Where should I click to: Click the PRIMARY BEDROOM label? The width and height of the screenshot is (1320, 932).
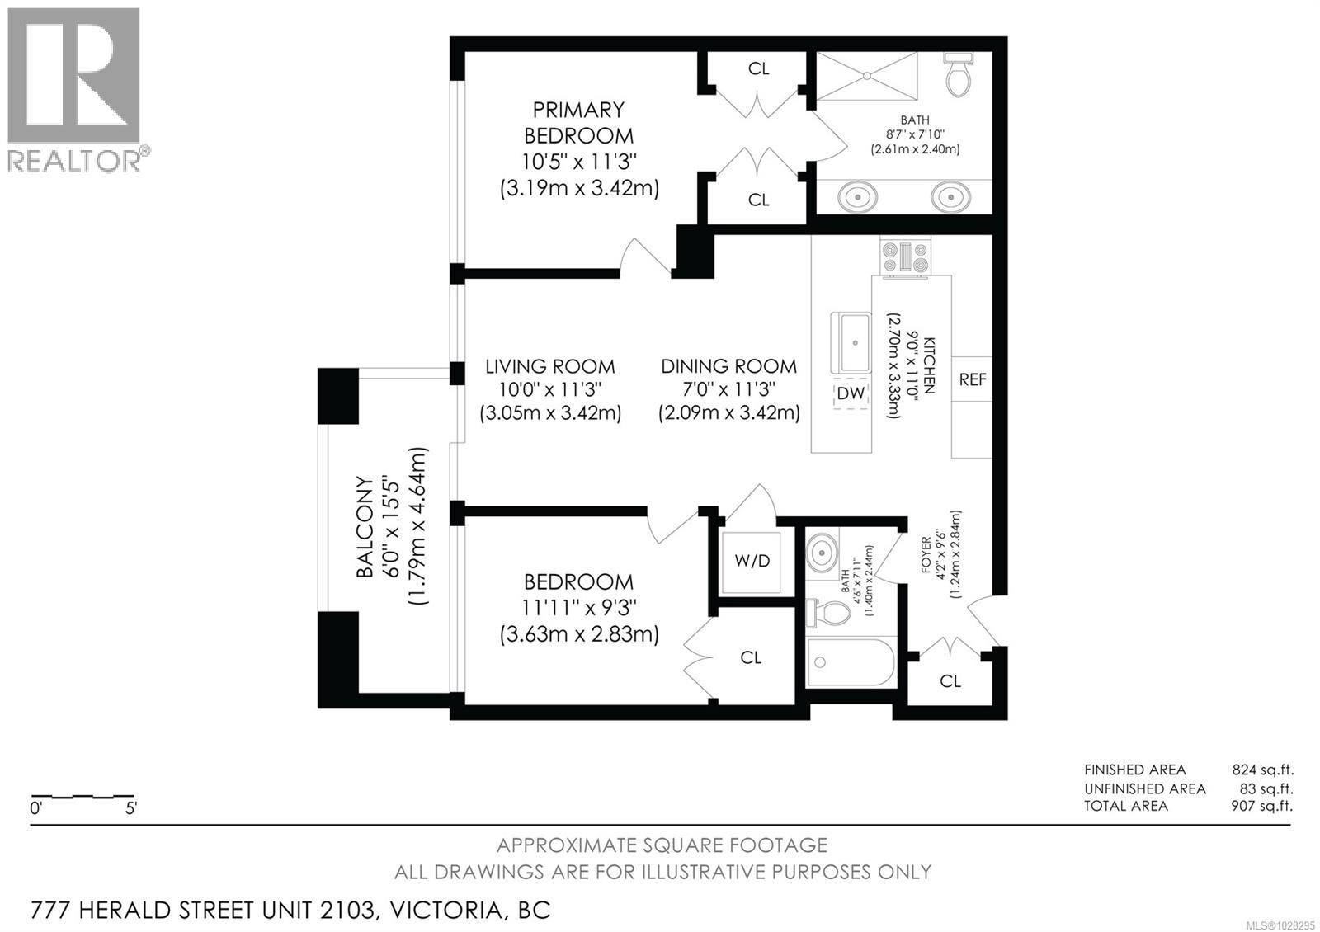point(578,122)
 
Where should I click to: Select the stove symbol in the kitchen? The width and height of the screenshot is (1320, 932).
point(905,257)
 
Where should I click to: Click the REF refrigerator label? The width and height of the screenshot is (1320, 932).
point(973,379)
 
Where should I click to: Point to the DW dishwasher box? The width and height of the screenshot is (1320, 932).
point(851,393)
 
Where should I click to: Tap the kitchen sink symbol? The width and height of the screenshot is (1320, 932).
point(851,342)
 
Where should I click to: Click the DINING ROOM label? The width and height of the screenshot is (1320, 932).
point(728,366)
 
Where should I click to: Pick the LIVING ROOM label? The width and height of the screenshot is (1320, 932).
point(549,366)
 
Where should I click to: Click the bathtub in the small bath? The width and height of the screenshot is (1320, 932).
point(851,661)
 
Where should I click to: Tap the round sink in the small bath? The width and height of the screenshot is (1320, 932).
point(822,552)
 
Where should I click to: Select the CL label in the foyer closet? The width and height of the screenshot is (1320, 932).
point(950,681)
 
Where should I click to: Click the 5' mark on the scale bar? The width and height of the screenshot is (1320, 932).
point(130,808)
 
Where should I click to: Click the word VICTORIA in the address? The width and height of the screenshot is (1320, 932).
point(445,911)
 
